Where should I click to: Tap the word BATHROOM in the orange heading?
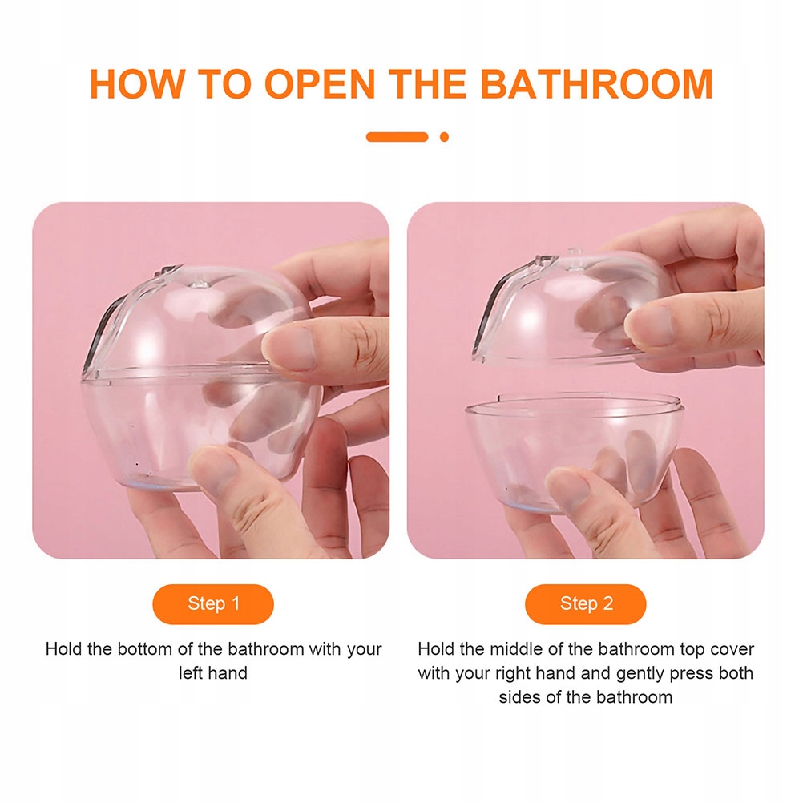(596, 83)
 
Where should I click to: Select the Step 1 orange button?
(213, 603)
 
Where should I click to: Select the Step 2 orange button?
(585, 603)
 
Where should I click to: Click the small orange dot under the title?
(444, 137)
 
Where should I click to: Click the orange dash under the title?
(397, 137)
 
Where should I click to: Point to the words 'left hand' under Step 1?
(213, 672)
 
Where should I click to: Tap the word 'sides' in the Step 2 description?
(519, 697)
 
